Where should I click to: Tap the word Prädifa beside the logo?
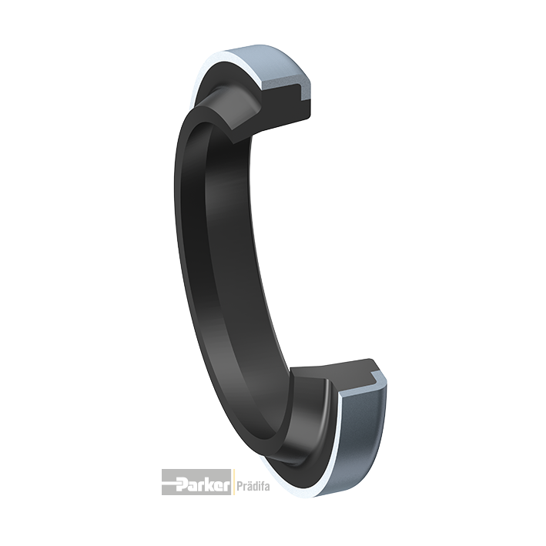253,486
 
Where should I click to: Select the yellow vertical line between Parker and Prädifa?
233,482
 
